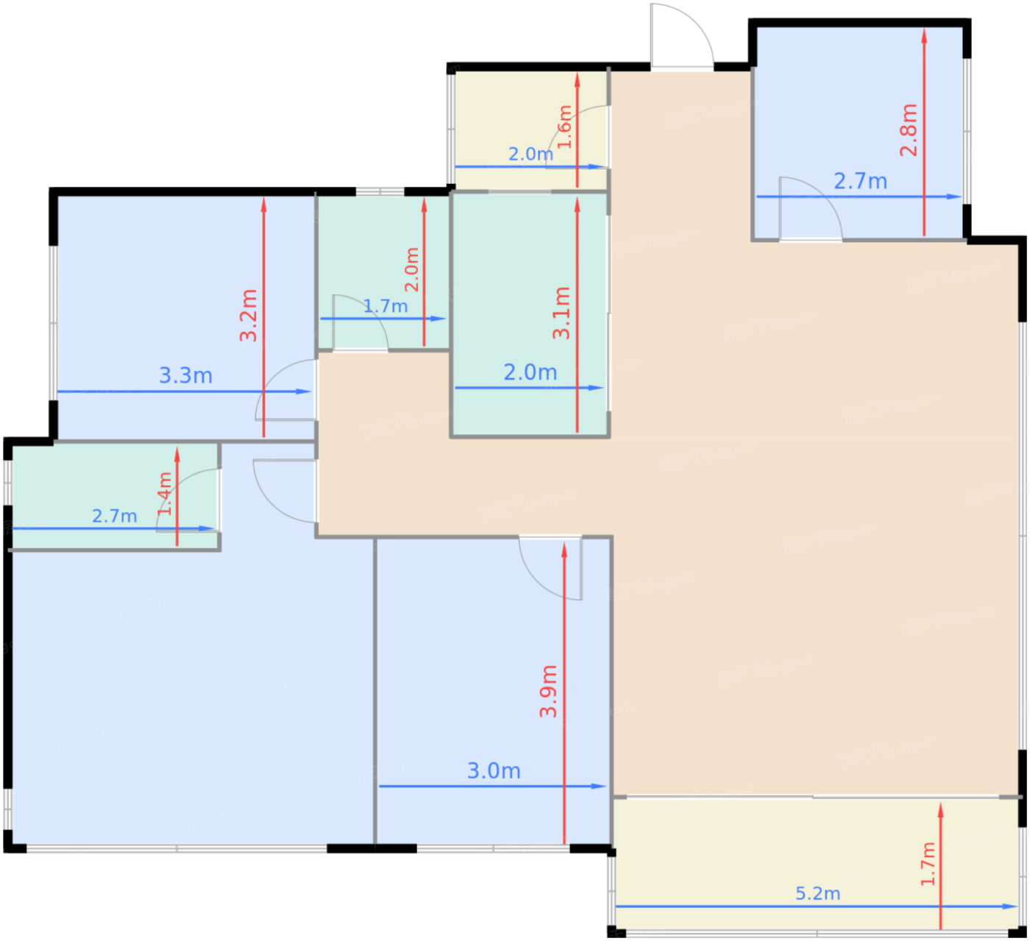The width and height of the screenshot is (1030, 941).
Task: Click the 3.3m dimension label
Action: pos(185,375)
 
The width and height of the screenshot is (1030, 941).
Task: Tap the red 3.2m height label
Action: pos(249,316)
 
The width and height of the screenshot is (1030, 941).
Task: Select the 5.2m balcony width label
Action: pos(817,893)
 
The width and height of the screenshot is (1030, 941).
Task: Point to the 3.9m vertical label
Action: pos(548,691)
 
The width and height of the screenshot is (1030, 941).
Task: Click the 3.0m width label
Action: pos(494,770)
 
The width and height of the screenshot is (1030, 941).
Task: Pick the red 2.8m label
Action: pos(909,130)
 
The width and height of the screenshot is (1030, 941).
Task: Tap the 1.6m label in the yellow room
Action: pos(565,127)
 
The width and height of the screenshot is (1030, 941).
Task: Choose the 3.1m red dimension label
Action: pos(561,313)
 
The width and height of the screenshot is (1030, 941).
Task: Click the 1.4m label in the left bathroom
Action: pos(165,494)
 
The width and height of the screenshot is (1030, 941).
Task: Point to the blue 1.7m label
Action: pos(385,307)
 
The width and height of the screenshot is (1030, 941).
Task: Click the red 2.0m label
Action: pos(412,270)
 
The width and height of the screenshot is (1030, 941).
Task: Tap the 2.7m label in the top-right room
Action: pos(860,181)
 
